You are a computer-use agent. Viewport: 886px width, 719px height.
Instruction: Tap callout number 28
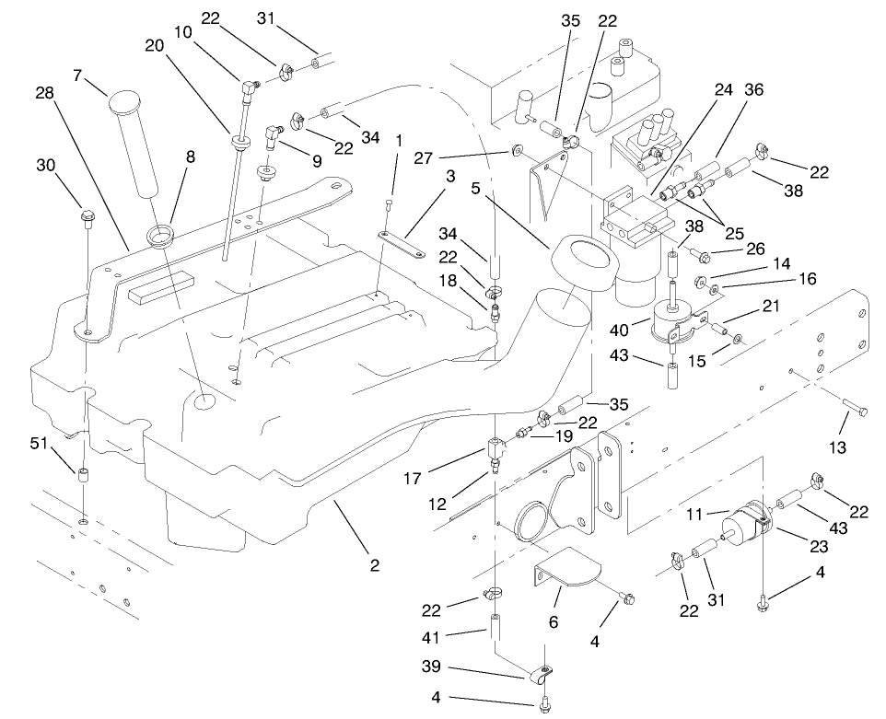pos(44,94)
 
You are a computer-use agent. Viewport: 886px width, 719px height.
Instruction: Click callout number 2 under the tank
pos(374,564)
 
